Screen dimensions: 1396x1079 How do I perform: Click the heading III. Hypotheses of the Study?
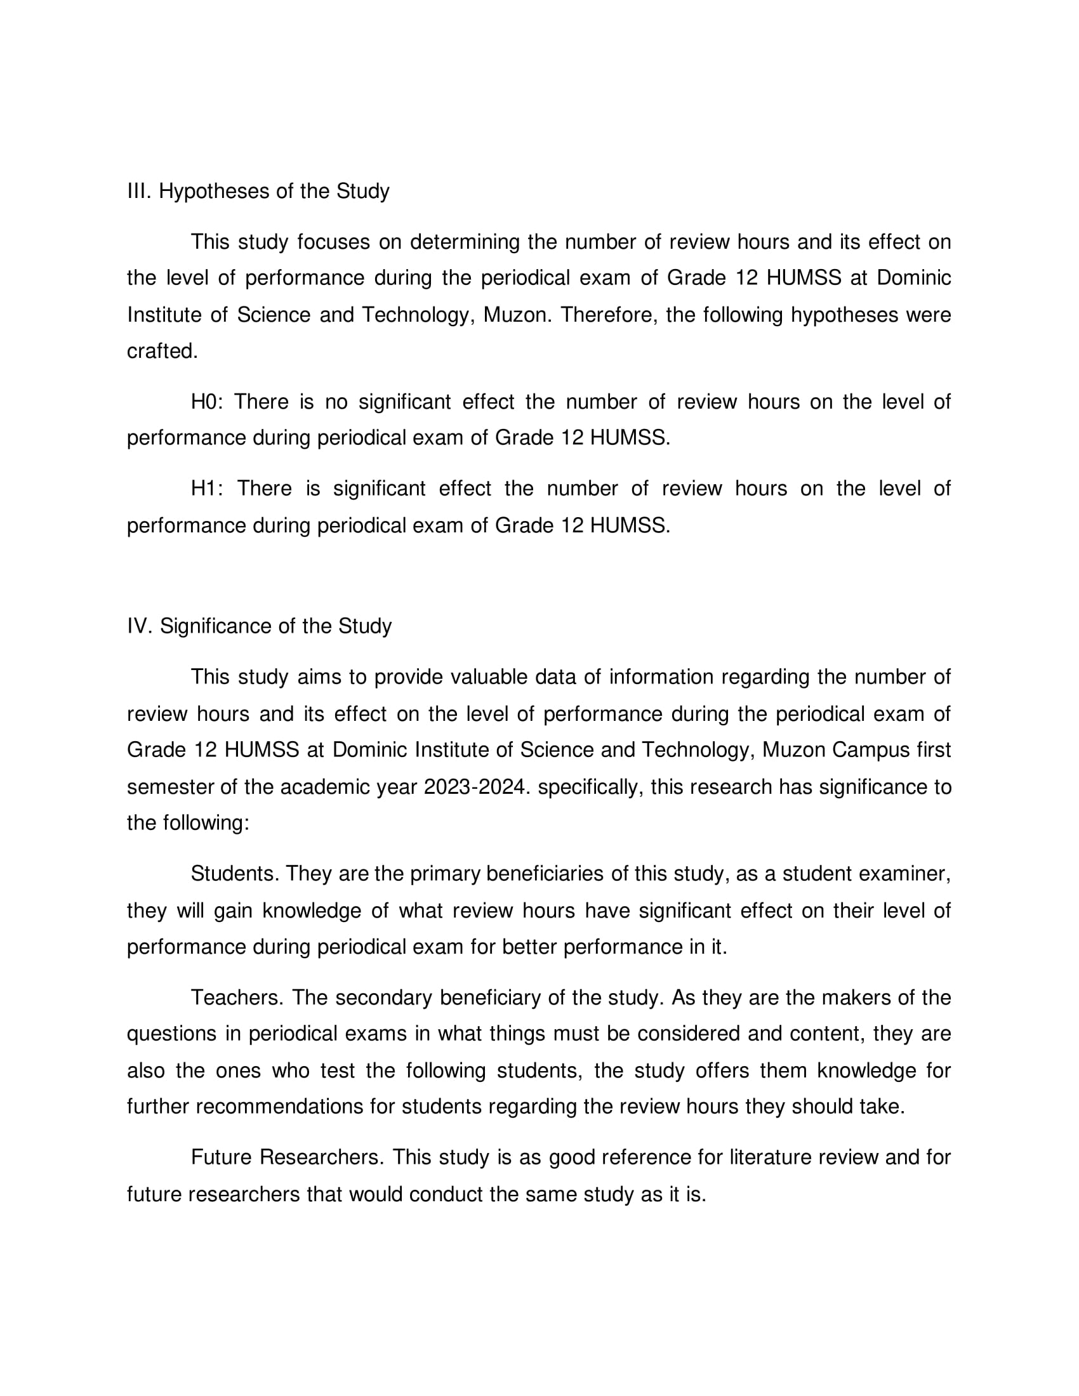[258, 191]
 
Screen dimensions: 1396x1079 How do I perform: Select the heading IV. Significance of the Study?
[259, 626]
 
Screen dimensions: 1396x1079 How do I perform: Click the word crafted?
[162, 351]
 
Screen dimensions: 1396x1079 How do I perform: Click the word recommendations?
[279, 1106]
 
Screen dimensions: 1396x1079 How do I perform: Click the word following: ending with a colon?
[205, 822]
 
